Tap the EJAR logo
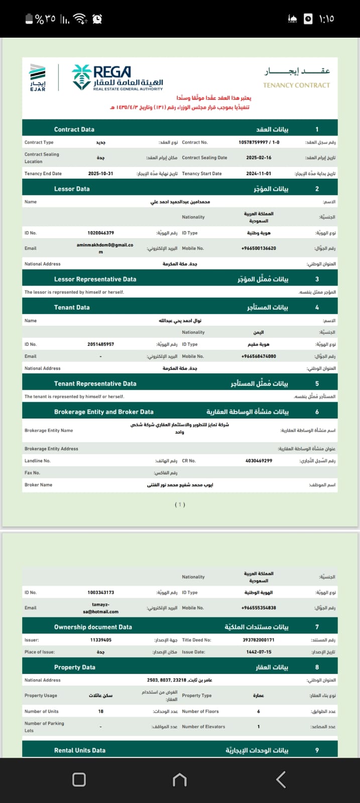38,78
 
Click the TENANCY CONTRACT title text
296,85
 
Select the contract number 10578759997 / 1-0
259,143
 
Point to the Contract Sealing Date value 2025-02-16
259,158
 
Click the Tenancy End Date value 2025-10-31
100,174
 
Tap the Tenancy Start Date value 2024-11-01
259,174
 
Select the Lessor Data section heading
72,189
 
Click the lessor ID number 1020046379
100,233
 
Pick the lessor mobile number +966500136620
259,248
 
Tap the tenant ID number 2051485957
100,344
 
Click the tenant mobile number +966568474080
259,356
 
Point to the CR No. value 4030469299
259,461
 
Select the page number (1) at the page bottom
180,504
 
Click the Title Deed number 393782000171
259,640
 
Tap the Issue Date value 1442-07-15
259,652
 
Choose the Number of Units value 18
101,711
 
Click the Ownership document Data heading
93,627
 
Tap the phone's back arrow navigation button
281,779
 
